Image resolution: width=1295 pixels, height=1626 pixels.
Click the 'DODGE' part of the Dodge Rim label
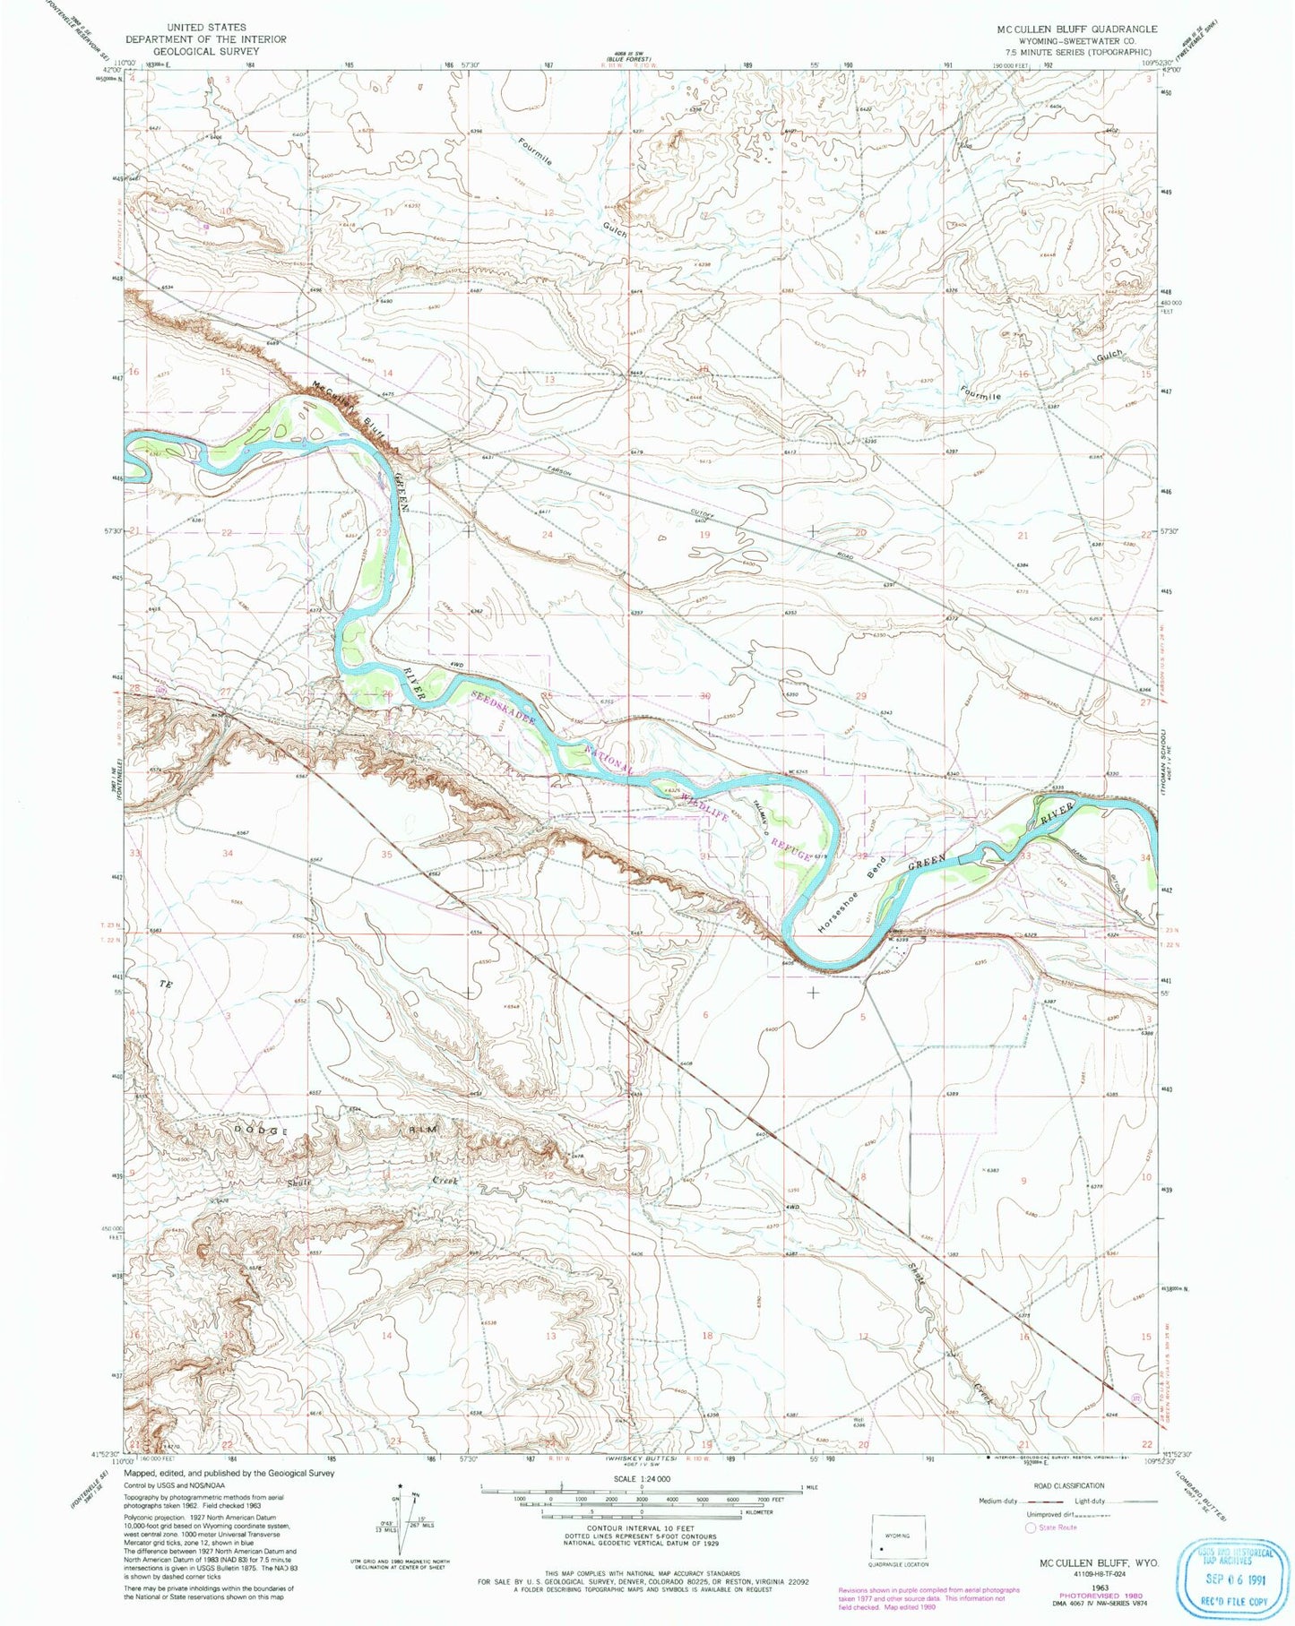[x=263, y=1131]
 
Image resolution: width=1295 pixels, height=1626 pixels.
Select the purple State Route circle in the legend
[x=1032, y=1527]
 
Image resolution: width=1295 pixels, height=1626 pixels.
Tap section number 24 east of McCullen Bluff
[x=548, y=535]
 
